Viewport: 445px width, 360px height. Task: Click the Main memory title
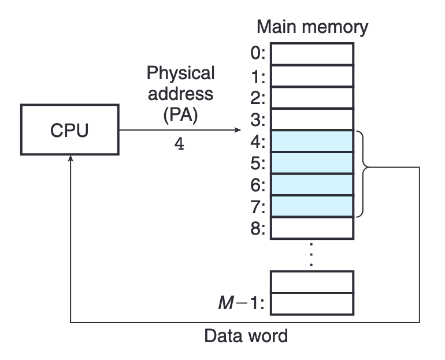click(x=312, y=27)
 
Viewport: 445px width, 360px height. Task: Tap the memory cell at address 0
click(x=312, y=54)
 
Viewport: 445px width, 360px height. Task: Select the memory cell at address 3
click(x=312, y=120)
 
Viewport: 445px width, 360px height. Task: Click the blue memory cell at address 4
click(x=312, y=142)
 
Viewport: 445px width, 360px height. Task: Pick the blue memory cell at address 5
click(x=312, y=163)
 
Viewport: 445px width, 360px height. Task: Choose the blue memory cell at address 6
click(x=312, y=185)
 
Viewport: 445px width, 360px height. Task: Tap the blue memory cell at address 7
click(x=312, y=206)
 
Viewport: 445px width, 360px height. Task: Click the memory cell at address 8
click(x=312, y=228)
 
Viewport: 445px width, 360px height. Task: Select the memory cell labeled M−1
click(x=312, y=303)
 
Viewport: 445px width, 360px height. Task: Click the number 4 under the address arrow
click(x=180, y=144)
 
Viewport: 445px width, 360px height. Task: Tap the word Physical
click(x=180, y=73)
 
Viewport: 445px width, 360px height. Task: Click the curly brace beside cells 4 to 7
click(x=363, y=174)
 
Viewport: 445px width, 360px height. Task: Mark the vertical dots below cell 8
click(x=312, y=254)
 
